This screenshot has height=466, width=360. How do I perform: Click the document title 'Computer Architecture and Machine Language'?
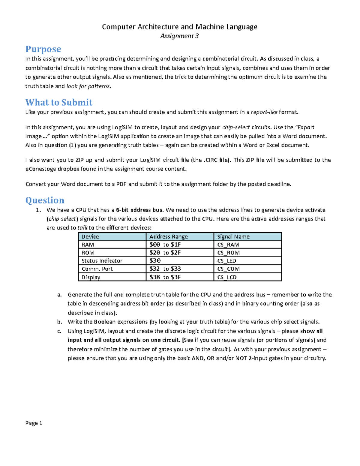point(179,27)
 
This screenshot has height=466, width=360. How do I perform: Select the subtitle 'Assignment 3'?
point(179,36)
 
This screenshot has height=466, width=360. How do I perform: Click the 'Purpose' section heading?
point(43,49)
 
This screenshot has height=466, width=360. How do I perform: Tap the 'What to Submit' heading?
point(59,102)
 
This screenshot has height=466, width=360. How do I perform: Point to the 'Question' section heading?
point(45,200)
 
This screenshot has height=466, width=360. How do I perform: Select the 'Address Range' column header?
point(168,236)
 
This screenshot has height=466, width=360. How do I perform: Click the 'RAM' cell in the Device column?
point(88,245)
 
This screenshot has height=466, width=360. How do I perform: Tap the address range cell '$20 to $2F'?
point(165,253)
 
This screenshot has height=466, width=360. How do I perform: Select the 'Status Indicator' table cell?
point(102,261)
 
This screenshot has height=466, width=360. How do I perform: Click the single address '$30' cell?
point(155,261)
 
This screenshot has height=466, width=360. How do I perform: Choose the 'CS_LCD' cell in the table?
point(227,277)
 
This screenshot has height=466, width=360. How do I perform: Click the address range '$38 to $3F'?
point(165,277)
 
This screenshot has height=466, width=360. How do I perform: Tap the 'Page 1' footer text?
point(34,423)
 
